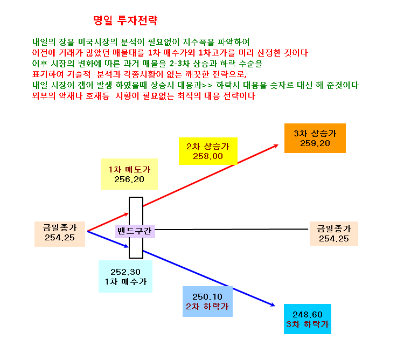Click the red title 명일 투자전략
tap(125, 20)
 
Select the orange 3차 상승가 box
tap(315, 138)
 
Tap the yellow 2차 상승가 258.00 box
tap(208, 151)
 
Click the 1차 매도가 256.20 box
tap(129, 174)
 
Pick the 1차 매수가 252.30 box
tap(126, 276)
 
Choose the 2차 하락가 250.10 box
tap(207, 301)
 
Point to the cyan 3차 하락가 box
tap(308, 319)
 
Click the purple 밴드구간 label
tap(135, 231)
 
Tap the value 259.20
tap(315, 143)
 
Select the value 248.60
tap(308, 314)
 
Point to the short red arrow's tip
tap(128, 213)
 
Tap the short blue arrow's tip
tap(128, 247)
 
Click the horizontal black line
tap(232, 229)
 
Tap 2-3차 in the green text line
tap(179, 64)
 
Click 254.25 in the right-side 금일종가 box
tap(333, 239)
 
